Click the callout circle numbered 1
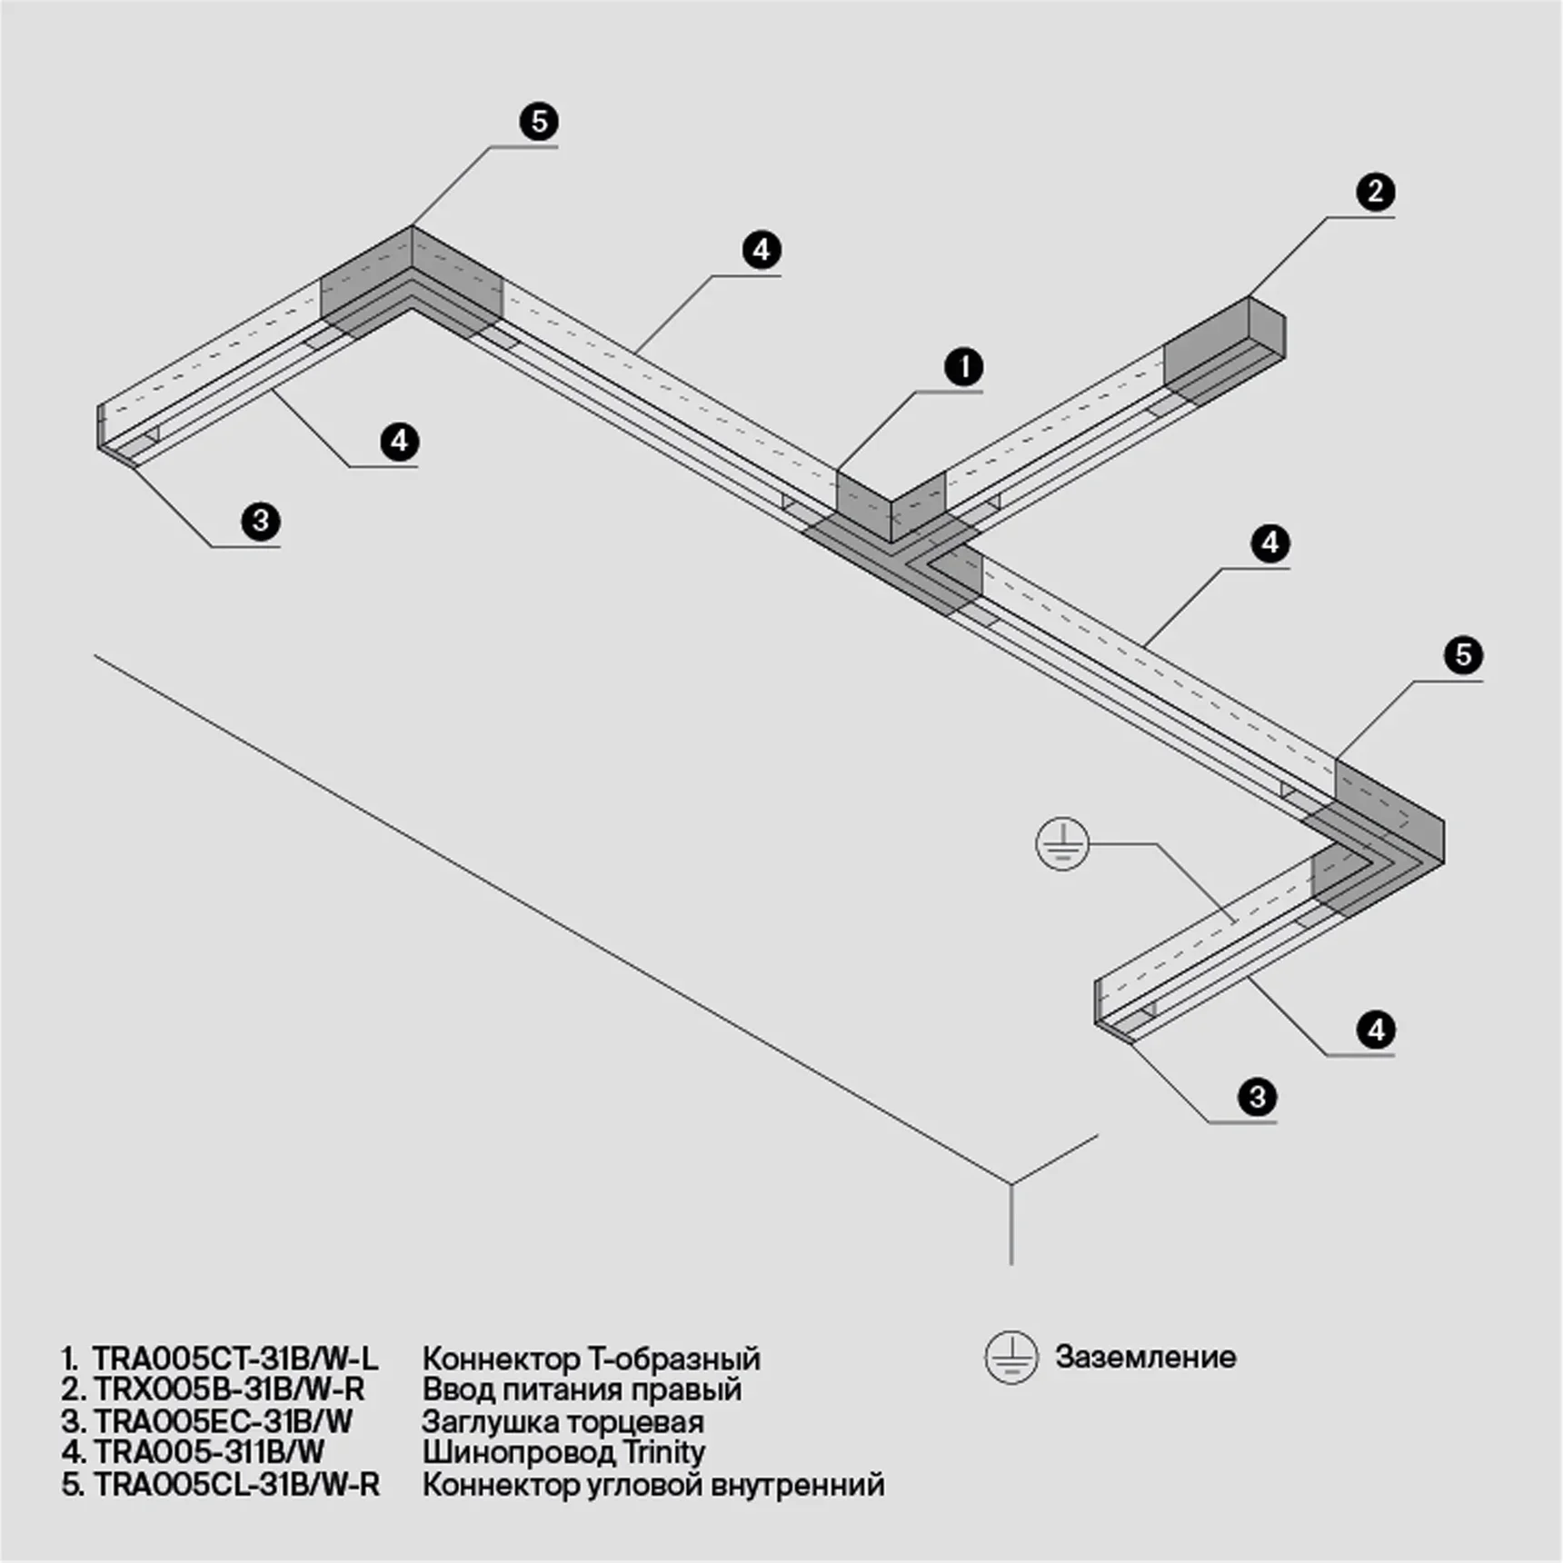pyautogui.click(x=963, y=367)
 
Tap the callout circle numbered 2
pyautogui.click(x=1375, y=192)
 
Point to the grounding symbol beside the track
pyautogui.click(x=1062, y=844)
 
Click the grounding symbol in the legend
pyautogui.click(x=1010, y=1358)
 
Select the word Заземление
pyautogui.click(x=1145, y=1357)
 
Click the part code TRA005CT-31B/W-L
pyautogui.click(x=234, y=1359)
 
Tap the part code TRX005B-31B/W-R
pyautogui.click(x=228, y=1389)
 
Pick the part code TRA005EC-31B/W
pyautogui.click(x=223, y=1420)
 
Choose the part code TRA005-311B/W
pyautogui.click(x=208, y=1451)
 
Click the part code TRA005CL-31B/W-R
pyautogui.click(x=236, y=1484)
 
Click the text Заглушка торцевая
pyautogui.click(x=562, y=1421)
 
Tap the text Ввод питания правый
pyautogui.click(x=582, y=1389)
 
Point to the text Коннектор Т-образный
pyautogui.click(x=591, y=1359)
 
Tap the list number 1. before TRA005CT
pyautogui.click(x=72, y=1359)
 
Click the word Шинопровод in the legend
pyautogui.click(x=518, y=1452)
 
